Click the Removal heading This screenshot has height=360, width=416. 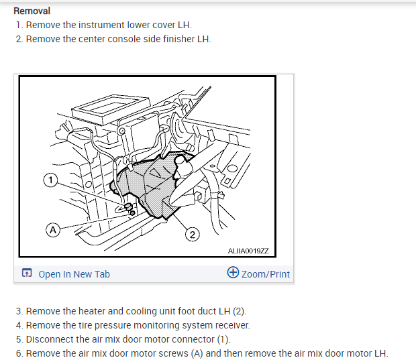[x=32, y=11]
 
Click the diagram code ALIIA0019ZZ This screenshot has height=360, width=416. [x=248, y=250]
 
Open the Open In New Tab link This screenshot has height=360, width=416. [x=74, y=274]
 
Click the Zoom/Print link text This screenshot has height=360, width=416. [x=266, y=274]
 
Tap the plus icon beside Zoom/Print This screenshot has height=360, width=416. [x=233, y=273]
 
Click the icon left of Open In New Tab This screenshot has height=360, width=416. [x=27, y=274]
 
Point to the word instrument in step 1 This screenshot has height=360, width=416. [x=101, y=25]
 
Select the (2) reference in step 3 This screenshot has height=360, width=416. [x=240, y=312]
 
